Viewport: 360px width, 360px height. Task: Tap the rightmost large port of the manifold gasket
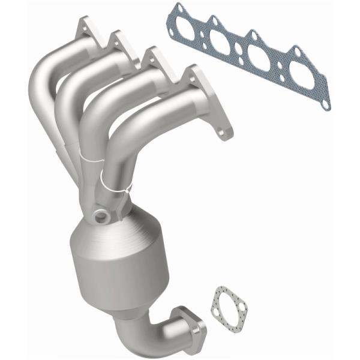[x=303, y=77]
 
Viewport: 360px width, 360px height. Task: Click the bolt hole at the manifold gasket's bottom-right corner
[x=325, y=104]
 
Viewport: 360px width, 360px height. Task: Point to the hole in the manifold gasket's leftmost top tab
[x=178, y=8]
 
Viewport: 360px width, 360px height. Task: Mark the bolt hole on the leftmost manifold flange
[x=85, y=25]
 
